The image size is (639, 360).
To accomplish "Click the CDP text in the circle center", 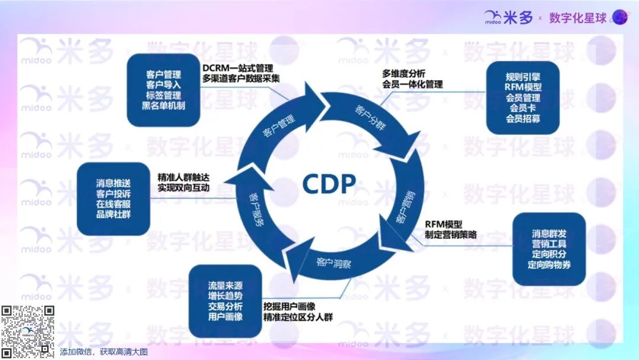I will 329,184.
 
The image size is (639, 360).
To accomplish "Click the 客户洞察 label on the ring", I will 334,263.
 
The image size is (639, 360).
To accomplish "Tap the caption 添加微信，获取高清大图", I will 104,352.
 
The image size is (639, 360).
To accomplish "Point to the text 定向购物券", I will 548,265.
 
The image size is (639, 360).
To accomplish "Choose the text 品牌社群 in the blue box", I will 113,214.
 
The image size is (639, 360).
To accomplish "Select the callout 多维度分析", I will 404,73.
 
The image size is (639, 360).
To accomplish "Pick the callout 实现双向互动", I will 183,188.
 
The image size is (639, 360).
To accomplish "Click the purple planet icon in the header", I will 619,17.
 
